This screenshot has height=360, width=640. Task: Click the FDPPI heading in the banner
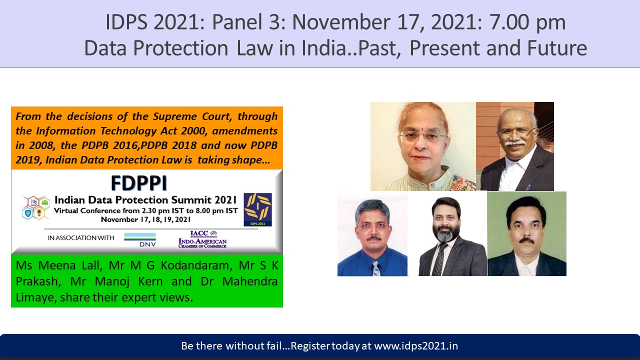(x=139, y=183)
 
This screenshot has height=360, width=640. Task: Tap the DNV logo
(x=140, y=239)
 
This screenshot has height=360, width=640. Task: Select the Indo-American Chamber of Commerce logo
(x=202, y=239)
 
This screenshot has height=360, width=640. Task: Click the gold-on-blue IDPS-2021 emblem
(x=257, y=209)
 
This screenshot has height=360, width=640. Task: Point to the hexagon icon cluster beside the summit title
(x=36, y=207)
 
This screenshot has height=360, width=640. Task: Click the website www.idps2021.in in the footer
(x=416, y=346)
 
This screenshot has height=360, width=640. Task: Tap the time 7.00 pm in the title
(x=527, y=22)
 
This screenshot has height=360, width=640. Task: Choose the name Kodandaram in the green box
(x=196, y=265)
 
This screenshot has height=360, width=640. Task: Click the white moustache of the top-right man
(x=515, y=142)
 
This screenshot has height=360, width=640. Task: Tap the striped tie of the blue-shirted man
(x=376, y=268)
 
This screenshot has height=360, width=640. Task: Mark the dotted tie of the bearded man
(x=438, y=259)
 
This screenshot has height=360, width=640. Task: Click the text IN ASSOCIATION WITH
(x=81, y=237)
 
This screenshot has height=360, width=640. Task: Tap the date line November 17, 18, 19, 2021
(x=145, y=219)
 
